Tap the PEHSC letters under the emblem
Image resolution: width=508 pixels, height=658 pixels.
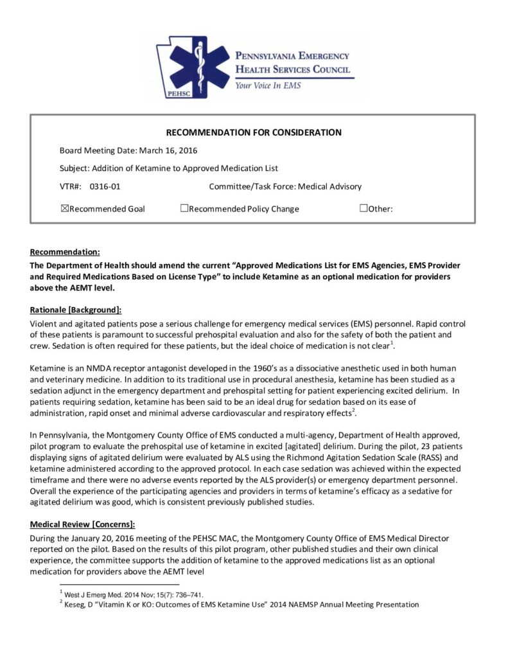click(175, 92)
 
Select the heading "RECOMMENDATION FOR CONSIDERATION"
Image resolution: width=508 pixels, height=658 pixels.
click(254, 133)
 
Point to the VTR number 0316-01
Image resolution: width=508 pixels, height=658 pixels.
click(105, 187)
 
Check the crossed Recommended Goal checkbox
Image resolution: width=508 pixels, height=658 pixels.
click(64, 208)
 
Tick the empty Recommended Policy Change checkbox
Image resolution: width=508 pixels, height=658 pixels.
click(184, 208)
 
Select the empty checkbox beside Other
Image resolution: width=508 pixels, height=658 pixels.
click(363, 208)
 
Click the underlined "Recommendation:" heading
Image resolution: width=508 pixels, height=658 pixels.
click(65, 251)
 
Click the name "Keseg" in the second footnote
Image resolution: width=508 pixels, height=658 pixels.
click(74, 605)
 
